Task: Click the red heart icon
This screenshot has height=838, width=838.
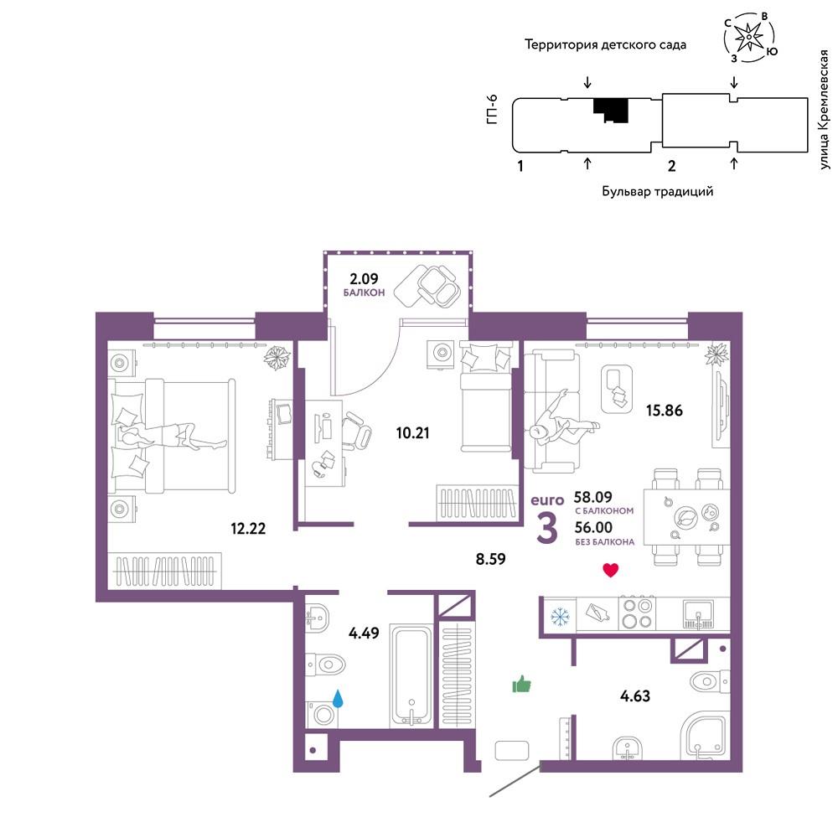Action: [610, 570]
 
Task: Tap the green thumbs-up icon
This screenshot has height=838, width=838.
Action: [521, 684]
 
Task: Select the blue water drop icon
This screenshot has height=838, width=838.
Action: [338, 698]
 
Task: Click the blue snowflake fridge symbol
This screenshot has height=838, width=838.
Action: [560, 616]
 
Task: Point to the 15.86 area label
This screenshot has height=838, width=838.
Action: [664, 411]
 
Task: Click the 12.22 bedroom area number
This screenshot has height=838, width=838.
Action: [248, 529]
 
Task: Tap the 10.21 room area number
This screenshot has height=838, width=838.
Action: [412, 433]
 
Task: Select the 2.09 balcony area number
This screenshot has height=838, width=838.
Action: [364, 278]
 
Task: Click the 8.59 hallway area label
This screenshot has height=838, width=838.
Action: [490, 559]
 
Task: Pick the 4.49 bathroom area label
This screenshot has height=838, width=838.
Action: [364, 634]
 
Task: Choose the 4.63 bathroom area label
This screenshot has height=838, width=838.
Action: [635, 696]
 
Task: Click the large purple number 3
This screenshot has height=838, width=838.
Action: [546, 529]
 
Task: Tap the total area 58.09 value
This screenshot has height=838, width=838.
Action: [592, 497]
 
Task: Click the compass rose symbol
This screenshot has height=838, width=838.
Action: [749, 36]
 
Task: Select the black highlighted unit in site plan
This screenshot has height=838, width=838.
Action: [610, 110]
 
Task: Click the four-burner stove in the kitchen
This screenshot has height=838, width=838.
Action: [638, 613]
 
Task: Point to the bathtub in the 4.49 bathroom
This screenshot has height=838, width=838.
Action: [411, 675]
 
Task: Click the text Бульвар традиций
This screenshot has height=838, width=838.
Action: [657, 191]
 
